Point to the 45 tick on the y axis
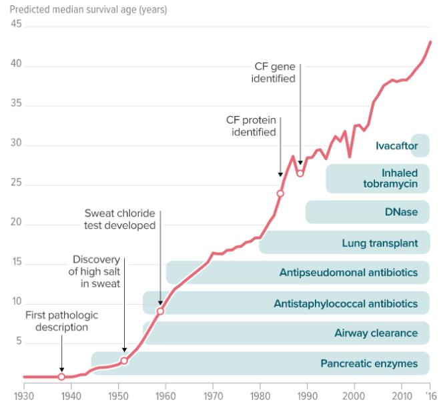(16, 25)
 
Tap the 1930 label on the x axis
(24, 396)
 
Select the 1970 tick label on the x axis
(213, 396)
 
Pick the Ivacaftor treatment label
(397, 145)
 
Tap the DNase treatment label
(401, 212)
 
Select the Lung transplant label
(380, 243)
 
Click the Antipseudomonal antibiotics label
(349, 272)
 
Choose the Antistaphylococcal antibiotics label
(346, 304)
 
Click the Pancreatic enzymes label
(368, 364)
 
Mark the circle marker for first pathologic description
(61, 377)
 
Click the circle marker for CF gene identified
(300, 173)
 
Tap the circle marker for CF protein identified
(280, 193)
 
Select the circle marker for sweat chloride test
(160, 311)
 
